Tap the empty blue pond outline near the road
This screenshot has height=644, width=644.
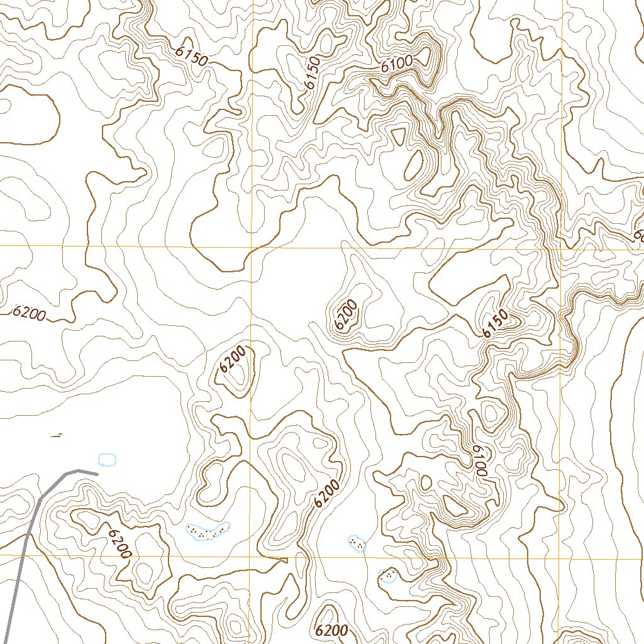pos(108,459)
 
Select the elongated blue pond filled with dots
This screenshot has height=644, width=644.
pos(208,531)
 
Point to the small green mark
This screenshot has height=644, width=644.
pos(57,435)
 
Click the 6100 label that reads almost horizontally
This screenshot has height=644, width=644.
pos(396,63)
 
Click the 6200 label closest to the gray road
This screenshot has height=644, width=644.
pos(119,543)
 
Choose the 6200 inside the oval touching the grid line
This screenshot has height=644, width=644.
pos(233,360)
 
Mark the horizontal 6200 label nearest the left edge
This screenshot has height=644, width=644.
pos(29,313)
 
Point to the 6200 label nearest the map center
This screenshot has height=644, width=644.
pos(346,314)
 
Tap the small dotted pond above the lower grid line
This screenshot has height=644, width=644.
pos(357,543)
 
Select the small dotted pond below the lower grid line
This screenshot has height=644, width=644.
pos(388,575)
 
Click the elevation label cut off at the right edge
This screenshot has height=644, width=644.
pos(638,236)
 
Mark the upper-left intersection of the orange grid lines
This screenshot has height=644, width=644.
pos(252,247)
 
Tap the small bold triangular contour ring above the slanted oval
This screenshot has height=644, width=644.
pos(398,135)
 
